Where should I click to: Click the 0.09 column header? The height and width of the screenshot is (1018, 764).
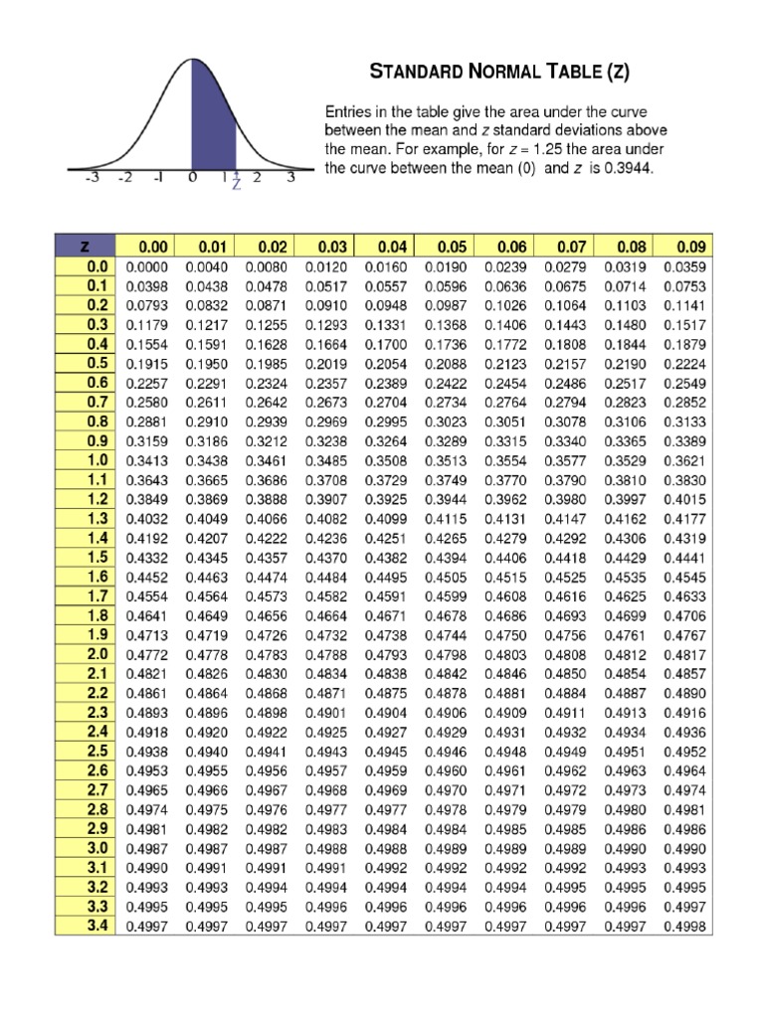coord(690,247)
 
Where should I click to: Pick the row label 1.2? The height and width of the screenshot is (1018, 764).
coord(96,499)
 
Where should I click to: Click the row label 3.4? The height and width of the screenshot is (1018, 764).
coord(96,926)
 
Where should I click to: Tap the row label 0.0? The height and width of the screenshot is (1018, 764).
coord(96,266)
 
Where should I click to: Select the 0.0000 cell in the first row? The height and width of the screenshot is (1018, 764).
coord(147,266)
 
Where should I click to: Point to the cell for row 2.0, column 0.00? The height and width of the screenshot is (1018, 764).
coord(147,654)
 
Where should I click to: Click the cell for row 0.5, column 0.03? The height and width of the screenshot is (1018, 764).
coord(326,363)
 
